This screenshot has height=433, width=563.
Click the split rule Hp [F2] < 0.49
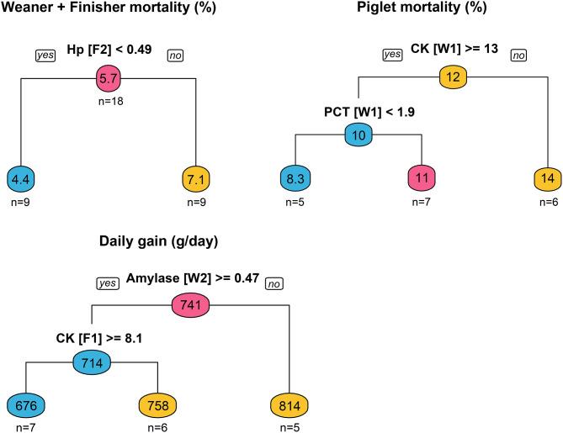(109, 50)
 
